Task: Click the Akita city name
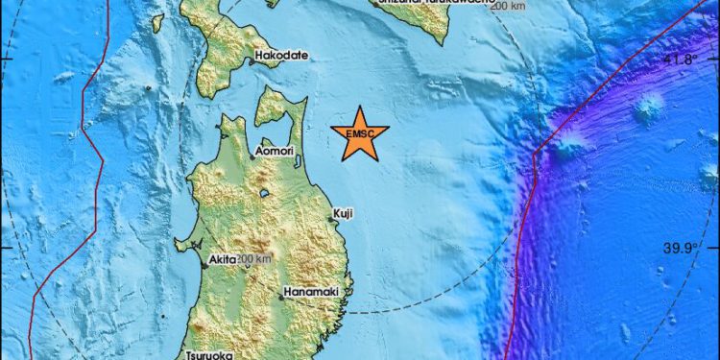coord(220,258)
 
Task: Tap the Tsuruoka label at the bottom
coord(209,352)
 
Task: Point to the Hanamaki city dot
coord(281,297)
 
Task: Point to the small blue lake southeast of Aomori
coord(264,193)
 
